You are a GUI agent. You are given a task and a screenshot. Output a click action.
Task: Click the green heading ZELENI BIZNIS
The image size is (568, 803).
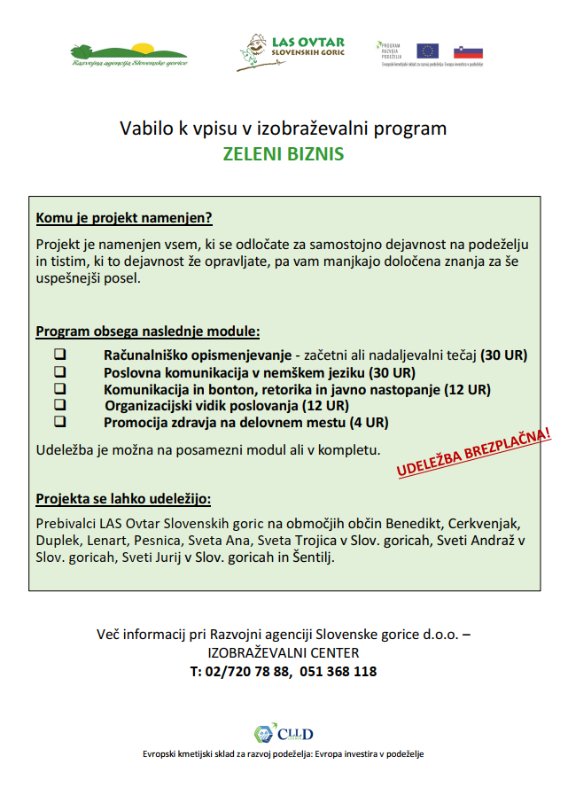284,153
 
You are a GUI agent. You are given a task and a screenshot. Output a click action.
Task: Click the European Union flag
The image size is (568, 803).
428,51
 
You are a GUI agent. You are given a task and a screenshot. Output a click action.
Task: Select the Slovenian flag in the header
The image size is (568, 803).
468,51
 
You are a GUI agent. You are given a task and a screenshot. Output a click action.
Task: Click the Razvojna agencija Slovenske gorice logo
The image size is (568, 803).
129,55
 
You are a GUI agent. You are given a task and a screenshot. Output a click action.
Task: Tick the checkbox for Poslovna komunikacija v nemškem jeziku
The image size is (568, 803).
60,372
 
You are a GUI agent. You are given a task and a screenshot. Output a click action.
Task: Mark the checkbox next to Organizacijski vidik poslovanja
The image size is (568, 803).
60,406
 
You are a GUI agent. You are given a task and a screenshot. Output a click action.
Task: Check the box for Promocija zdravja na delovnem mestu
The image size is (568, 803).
60,423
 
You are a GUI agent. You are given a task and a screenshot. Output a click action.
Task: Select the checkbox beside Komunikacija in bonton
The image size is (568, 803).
60,389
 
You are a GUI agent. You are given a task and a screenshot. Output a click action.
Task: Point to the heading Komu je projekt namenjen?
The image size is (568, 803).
124,218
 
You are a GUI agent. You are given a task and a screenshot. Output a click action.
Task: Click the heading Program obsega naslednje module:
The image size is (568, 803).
148,332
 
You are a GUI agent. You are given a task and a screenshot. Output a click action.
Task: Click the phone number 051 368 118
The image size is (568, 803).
340,672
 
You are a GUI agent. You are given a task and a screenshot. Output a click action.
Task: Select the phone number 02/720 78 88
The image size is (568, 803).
245,672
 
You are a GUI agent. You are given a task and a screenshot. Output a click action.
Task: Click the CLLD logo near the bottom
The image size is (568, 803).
284,734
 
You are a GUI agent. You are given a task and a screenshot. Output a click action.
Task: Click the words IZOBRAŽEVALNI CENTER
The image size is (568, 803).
284,653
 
